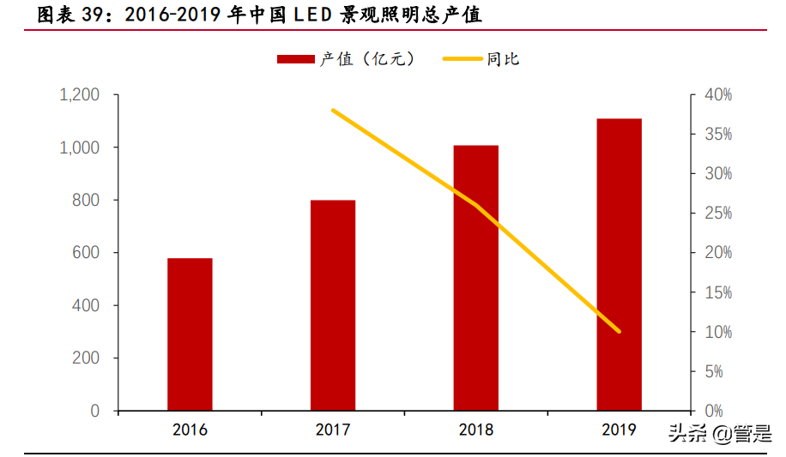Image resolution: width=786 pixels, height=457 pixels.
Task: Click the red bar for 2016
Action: (190, 334)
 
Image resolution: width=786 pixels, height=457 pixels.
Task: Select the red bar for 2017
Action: (333, 305)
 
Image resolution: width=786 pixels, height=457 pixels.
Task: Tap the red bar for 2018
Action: (476, 278)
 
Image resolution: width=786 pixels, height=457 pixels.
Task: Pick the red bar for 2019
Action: (620, 264)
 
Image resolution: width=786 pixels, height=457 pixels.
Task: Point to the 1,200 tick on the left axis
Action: (79, 95)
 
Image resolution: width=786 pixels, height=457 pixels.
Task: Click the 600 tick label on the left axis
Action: (85, 253)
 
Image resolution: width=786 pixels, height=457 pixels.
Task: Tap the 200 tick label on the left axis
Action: (85, 358)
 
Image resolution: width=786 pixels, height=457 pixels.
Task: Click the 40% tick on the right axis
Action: (716, 95)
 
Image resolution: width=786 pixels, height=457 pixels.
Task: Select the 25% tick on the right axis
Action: (716, 213)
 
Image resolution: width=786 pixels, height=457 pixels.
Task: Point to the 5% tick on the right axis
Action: (718, 372)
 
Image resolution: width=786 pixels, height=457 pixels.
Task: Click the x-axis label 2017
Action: (333, 430)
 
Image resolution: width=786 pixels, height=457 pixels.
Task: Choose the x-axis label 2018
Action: (476, 430)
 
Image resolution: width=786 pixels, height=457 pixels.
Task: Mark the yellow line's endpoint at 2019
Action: (620, 332)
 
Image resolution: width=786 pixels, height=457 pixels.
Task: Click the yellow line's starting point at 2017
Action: (333, 111)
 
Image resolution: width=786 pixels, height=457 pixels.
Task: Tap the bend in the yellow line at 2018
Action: (476, 206)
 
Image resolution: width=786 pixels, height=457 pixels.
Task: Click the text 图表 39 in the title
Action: (59, 15)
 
